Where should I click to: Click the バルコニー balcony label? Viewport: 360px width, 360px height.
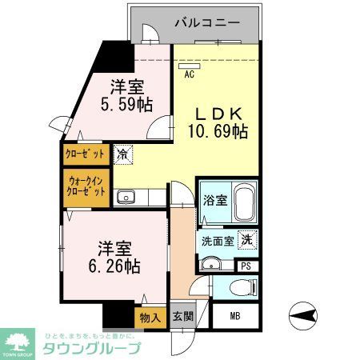pyautogui.click(x=207, y=23)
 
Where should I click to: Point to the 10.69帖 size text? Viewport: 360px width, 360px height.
pyautogui.click(x=217, y=131)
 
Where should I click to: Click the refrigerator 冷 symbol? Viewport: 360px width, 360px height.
pyautogui.click(x=123, y=153)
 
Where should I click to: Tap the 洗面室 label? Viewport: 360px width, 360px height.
pyautogui.click(x=216, y=240)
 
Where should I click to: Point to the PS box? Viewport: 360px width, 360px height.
pyautogui.click(x=246, y=266)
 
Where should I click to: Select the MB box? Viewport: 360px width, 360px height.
pyautogui.click(x=235, y=316)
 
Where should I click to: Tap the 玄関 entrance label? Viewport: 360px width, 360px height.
pyautogui.click(x=181, y=317)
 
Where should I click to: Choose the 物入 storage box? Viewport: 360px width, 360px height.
pyautogui.click(x=150, y=317)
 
